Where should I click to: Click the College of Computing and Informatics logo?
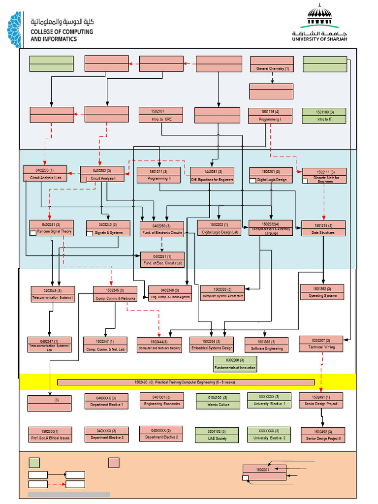(x=50, y=29)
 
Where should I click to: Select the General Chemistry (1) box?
(x=272, y=64)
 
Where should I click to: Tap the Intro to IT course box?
(x=324, y=116)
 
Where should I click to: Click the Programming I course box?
(x=270, y=116)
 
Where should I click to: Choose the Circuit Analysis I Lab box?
(x=45, y=174)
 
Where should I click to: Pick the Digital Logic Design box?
(x=271, y=176)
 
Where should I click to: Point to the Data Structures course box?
(x=323, y=228)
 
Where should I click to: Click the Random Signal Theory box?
(x=51, y=228)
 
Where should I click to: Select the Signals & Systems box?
(x=108, y=228)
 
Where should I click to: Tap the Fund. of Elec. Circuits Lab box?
(x=162, y=260)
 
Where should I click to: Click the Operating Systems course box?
(x=322, y=292)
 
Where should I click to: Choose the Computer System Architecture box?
(x=222, y=293)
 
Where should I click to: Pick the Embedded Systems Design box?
(x=212, y=345)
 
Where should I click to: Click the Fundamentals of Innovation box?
(x=235, y=364)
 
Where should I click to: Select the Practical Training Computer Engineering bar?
(x=186, y=382)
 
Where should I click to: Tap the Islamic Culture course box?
(x=218, y=401)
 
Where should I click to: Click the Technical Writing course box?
(x=321, y=344)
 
